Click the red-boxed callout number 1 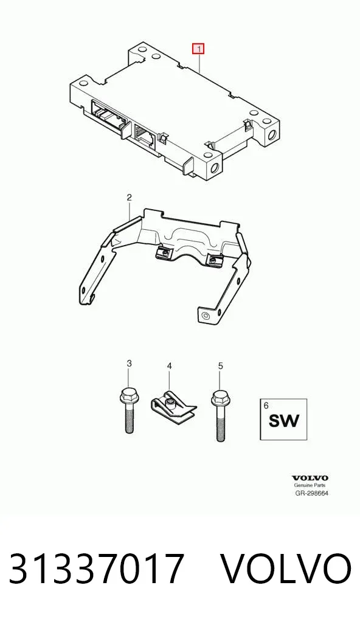click(x=198, y=49)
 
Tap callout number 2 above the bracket click(x=129, y=197)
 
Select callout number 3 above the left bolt click(x=129, y=364)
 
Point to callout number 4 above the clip click(x=169, y=366)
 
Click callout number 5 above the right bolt click(x=220, y=366)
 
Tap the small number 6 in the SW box click(x=266, y=405)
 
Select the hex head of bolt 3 click(x=128, y=395)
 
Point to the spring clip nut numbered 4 click(x=174, y=408)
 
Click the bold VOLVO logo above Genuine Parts click(x=310, y=479)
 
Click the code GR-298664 click(x=312, y=493)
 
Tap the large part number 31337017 click(x=97, y=569)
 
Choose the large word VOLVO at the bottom click(x=285, y=569)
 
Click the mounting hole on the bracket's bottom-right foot click(x=206, y=316)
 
